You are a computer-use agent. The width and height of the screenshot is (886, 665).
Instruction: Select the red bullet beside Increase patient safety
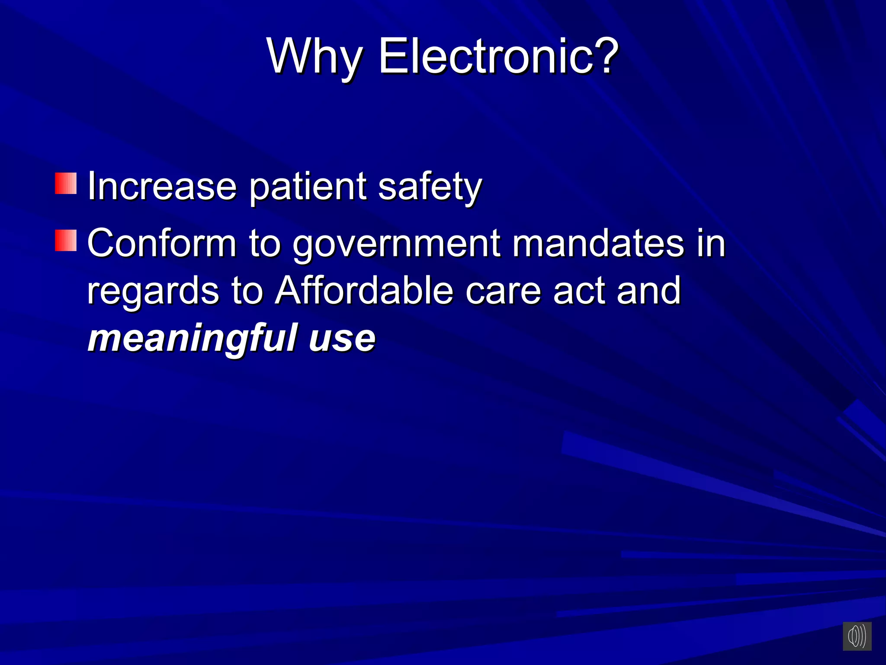point(66,183)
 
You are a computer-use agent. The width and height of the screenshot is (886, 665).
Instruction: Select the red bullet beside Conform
point(66,240)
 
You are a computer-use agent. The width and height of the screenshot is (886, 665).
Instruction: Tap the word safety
point(430,187)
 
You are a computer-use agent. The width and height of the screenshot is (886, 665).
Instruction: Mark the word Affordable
point(364,291)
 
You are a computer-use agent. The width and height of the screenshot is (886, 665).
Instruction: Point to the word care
point(503,291)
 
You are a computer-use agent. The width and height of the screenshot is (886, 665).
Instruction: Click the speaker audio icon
point(857,636)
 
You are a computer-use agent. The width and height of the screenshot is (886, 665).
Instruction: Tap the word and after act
point(648,291)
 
